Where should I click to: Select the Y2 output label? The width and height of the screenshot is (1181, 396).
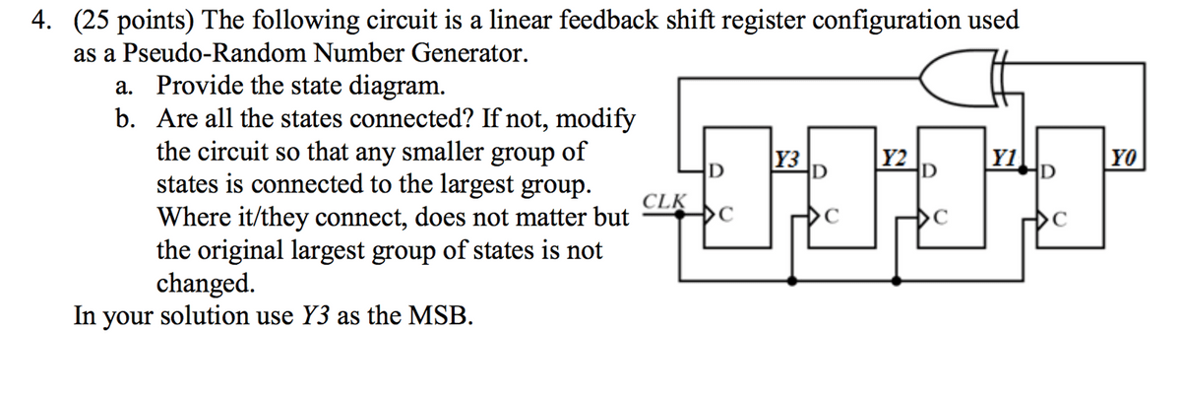tap(897, 158)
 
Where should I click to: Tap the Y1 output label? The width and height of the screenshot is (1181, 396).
tap(1005, 158)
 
